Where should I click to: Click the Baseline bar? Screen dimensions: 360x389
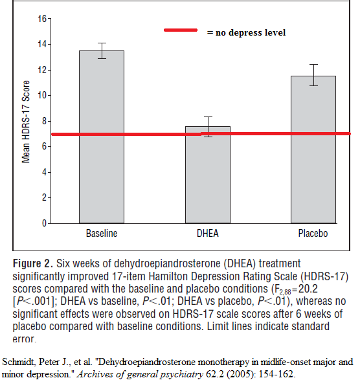pos(102,137)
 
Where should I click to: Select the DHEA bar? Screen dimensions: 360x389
pos(208,175)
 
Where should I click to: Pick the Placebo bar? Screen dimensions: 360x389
pos(313,150)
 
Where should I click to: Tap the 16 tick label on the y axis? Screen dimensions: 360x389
pos(42,19)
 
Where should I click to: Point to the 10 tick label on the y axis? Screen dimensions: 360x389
pos(42,95)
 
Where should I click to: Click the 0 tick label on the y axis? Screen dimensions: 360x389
pos(45,223)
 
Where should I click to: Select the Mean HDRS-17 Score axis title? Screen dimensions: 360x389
pos(26,122)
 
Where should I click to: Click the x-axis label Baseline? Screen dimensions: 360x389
pos(102,234)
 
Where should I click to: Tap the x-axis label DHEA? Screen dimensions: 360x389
pos(208,234)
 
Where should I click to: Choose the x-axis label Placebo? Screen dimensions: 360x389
pos(313,234)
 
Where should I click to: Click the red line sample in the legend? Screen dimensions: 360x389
pos(181,30)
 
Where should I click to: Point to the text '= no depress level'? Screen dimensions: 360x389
pos(247,32)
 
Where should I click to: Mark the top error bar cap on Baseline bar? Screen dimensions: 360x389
pos(102,43)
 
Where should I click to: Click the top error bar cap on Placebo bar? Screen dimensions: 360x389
pos(313,65)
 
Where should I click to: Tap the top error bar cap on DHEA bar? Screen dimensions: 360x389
pos(208,117)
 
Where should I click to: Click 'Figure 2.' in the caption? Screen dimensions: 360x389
pos(33,263)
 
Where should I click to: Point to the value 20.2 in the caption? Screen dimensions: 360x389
pos(308,289)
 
